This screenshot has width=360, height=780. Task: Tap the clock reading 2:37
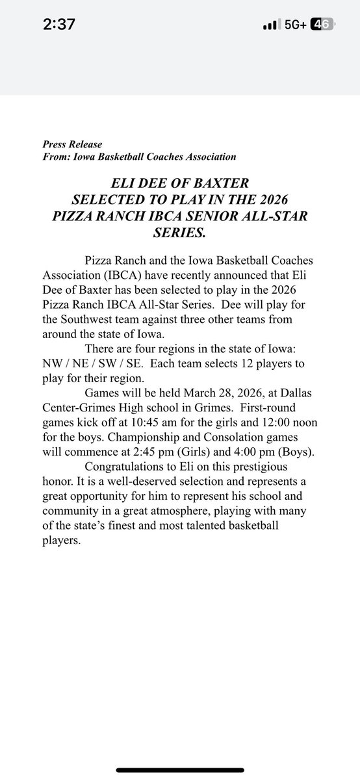click(x=58, y=25)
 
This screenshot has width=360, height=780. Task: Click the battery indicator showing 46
click(x=322, y=25)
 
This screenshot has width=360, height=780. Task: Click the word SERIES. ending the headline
click(x=179, y=231)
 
